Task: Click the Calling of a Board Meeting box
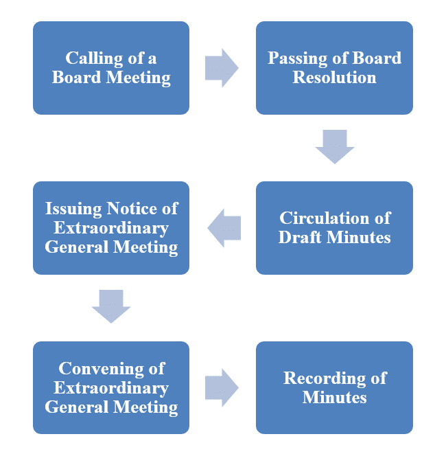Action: (x=111, y=67)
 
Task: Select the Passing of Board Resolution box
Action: (x=334, y=67)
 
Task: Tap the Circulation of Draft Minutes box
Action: (x=334, y=227)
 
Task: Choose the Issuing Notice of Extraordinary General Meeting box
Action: (x=111, y=227)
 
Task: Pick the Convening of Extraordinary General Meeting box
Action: (x=111, y=387)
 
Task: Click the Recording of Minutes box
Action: (x=334, y=387)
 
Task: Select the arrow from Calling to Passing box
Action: (x=222, y=67)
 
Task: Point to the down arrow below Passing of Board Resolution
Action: (x=334, y=146)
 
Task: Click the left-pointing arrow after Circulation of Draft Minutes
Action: (x=224, y=227)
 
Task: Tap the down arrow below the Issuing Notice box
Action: (x=111, y=306)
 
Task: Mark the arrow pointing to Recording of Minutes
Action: (x=222, y=387)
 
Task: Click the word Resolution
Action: (x=334, y=77)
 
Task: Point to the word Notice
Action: (x=134, y=208)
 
